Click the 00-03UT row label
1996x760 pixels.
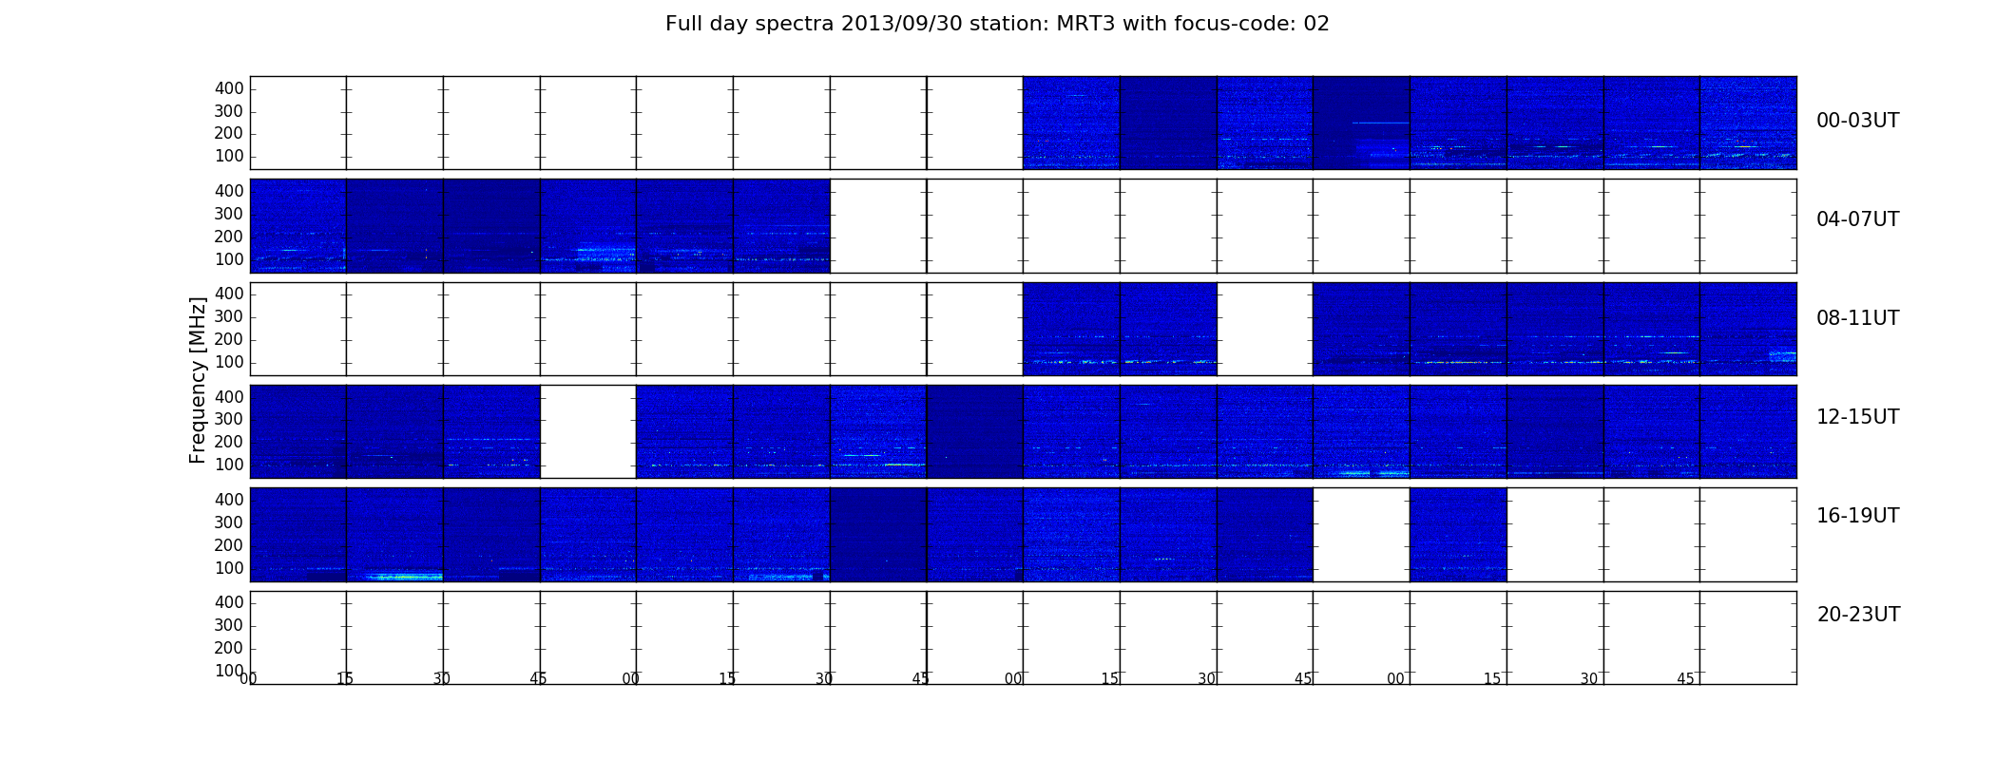(x=1857, y=121)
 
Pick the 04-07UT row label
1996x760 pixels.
(x=1857, y=219)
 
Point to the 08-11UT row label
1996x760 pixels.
(x=1857, y=318)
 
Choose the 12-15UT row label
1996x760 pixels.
(x=1857, y=417)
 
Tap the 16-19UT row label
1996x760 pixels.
(x=1857, y=516)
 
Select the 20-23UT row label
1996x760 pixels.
(x=1858, y=615)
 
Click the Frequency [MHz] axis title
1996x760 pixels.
(x=198, y=380)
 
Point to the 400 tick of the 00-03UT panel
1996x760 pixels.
(x=229, y=88)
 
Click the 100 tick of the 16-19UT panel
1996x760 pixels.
(x=229, y=568)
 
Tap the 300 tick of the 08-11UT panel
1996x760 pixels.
(x=229, y=316)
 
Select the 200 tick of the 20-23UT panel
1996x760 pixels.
(x=229, y=648)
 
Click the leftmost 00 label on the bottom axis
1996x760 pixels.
(x=248, y=678)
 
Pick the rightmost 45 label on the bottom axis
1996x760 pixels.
(x=1685, y=679)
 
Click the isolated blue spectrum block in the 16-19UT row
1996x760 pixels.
(x=1458, y=535)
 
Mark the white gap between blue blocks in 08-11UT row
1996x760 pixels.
(x=1265, y=329)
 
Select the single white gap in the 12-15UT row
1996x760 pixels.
(x=588, y=431)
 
